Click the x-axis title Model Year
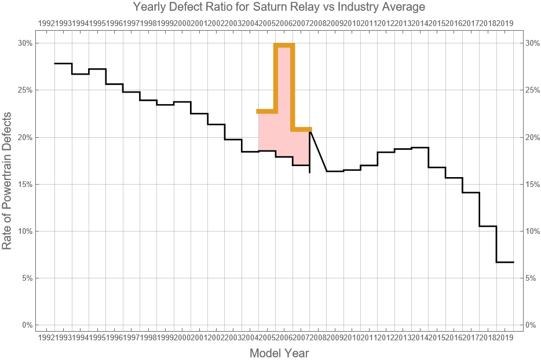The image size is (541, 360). click(279, 352)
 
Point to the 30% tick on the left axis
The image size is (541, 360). click(25, 43)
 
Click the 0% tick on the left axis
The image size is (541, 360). click(27, 325)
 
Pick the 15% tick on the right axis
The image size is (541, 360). click(532, 184)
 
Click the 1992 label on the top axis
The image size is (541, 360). click(46, 23)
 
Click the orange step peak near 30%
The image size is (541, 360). click(284, 45)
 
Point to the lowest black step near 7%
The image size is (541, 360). click(505, 262)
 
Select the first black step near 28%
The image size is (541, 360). click(63, 64)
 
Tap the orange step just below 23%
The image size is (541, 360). click(267, 111)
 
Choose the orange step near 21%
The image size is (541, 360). click(301, 129)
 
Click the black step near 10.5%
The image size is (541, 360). click(488, 226)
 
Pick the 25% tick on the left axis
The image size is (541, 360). click(25, 90)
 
